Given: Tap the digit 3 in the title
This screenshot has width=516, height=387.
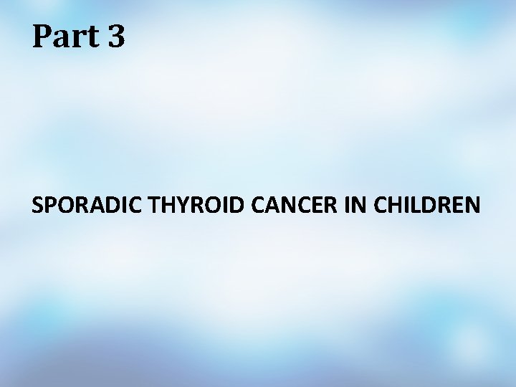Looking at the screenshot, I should pyautogui.click(x=117, y=37).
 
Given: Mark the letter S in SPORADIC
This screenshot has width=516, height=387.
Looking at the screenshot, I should pyautogui.click(x=37, y=206).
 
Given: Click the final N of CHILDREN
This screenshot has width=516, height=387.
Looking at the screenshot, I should pyautogui.click(x=472, y=206).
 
